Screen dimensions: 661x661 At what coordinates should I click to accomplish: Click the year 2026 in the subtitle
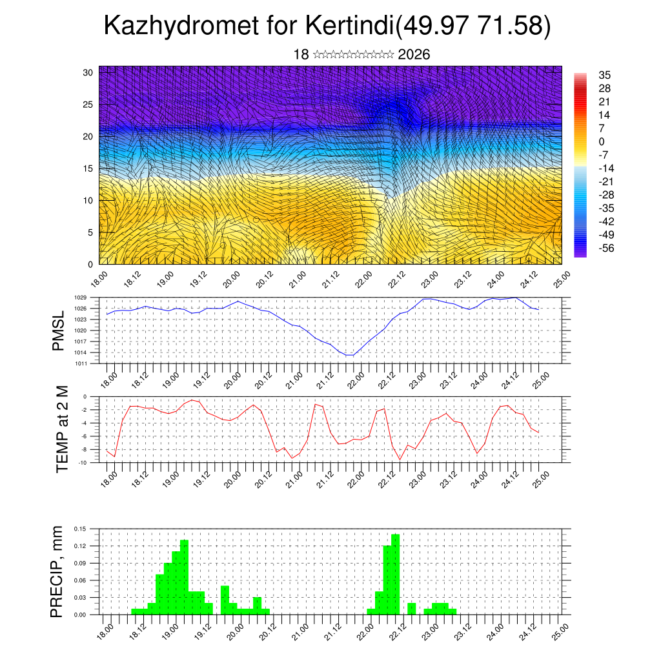click(414, 55)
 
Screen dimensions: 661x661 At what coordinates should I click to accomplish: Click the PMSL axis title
click(58, 330)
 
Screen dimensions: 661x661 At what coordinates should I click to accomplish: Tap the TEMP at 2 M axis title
click(62, 429)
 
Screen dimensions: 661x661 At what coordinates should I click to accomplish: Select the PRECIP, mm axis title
click(58, 571)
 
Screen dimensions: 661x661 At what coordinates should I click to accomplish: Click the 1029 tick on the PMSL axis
click(80, 298)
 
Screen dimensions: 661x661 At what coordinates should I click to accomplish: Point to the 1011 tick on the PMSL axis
click(80, 363)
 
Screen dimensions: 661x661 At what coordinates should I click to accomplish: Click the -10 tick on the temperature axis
click(83, 463)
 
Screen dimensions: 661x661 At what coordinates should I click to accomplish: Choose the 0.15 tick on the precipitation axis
click(79, 529)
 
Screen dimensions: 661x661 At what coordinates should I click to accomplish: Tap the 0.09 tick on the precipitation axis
click(79, 563)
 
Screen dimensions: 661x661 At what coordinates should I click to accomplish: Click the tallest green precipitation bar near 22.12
click(396, 574)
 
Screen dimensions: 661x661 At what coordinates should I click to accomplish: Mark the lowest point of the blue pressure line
click(349, 355)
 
